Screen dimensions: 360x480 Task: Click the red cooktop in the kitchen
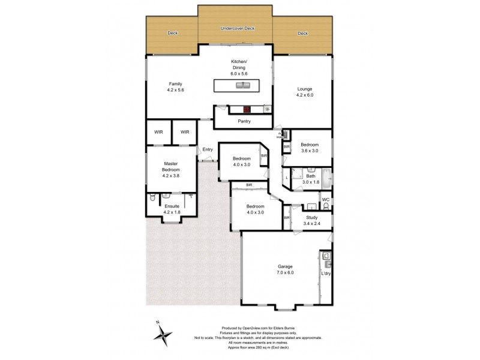247,110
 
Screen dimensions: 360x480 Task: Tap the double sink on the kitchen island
242,86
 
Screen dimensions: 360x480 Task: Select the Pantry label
244,121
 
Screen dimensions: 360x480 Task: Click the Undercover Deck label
238,28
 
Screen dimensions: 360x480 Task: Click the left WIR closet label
158,131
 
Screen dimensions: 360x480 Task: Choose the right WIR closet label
185,131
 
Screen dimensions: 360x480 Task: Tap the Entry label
208,149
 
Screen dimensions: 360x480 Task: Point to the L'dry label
326,274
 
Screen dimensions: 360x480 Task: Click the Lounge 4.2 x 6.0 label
304,92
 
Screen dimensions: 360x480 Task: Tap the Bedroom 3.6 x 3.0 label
310,148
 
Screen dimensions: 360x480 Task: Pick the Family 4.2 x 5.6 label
175,87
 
